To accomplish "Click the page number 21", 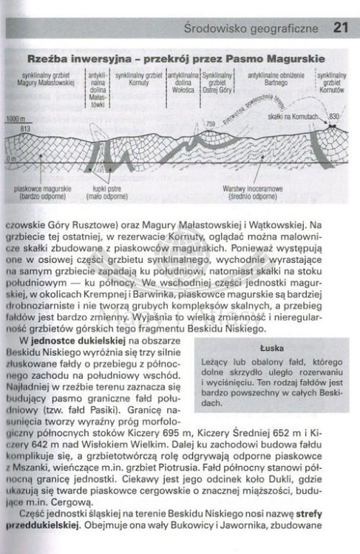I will tap(339, 29).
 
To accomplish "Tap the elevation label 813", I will tap(25, 129).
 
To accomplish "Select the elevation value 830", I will tap(333, 117).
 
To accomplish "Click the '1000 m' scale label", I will tap(14, 119).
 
